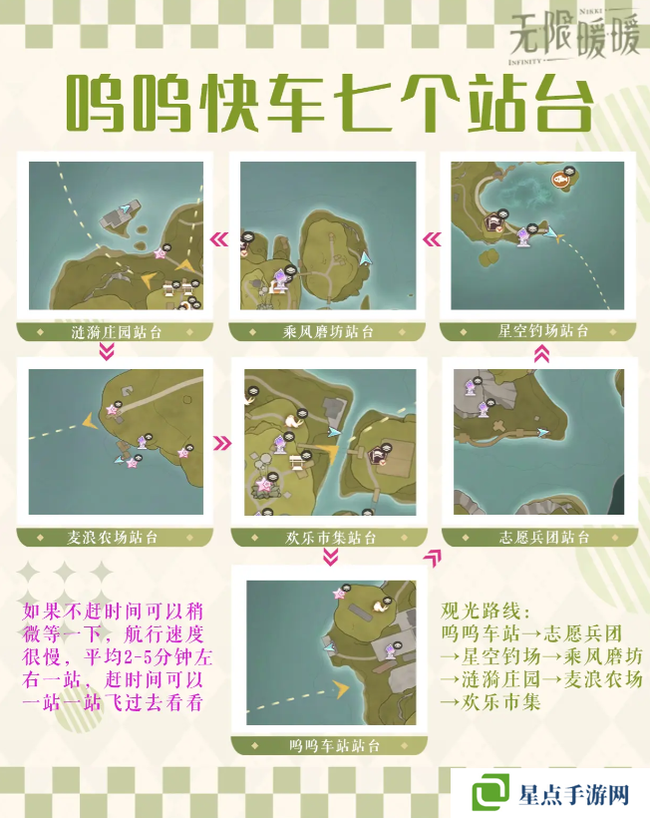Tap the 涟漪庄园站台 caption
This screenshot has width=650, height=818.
(x=117, y=331)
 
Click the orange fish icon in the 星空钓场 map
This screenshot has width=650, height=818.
(x=560, y=181)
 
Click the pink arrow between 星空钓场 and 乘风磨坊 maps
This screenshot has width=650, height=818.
(x=432, y=239)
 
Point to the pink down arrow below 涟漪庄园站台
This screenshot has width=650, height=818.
(x=108, y=352)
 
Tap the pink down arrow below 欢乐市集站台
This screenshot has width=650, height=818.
(x=329, y=558)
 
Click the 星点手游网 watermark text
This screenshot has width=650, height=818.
(x=573, y=794)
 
